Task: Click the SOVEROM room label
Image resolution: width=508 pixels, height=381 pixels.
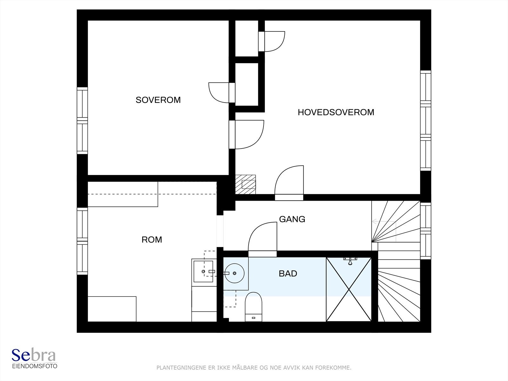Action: tap(158, 100)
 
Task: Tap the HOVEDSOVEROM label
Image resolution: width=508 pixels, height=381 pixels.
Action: tap(336, 112)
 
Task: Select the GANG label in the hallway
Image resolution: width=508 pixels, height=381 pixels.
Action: tap(292, 219)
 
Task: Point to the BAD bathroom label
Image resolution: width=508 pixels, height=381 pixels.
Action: tap(288, 273)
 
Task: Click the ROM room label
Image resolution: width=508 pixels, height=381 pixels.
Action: tap(152, 240)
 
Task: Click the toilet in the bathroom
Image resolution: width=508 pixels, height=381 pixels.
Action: tap(253, 307)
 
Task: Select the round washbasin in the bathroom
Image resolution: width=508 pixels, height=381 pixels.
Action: tap(234, 273)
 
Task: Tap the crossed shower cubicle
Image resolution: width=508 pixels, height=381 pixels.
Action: tap(349, 289)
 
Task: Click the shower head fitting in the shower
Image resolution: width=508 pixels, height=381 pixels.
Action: tap(350, 260)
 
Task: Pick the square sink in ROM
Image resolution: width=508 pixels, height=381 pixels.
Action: tap(203, 271)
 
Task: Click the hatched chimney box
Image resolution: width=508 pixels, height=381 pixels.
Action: tap(245, 184)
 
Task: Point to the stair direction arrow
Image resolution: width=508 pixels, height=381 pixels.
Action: tap(384, 222)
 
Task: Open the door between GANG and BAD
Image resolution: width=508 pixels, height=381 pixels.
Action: tap(263, 239)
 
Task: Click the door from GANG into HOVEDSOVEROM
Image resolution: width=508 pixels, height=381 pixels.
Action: tap(289, 183)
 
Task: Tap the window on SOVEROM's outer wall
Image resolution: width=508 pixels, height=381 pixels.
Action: tap(82, 121)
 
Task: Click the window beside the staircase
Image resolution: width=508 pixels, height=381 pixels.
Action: tap(426, 231)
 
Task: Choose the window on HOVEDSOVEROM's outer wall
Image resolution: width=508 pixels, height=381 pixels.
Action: tap(426, 121)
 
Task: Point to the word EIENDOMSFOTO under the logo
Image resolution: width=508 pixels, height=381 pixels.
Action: tap(35, 366)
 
